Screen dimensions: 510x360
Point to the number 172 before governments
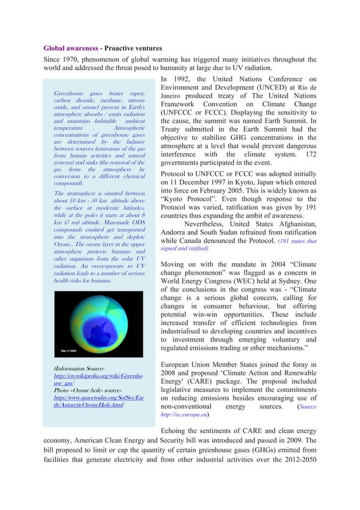pos(309,154)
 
